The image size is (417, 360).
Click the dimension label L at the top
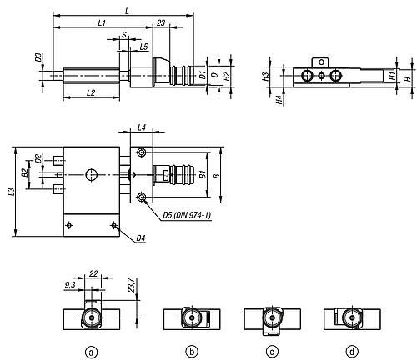point(127,11)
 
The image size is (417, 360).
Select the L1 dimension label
point(102,22)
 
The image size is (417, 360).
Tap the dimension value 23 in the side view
point(161,22)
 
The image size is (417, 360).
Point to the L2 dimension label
point(91,92)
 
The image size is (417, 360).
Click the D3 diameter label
point(38,57)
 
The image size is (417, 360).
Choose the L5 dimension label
point(143,47)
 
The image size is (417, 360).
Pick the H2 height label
point(227,76)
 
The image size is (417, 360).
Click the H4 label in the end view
point(279,100)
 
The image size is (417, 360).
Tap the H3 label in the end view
point(265,77)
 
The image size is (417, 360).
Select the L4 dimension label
point(142,127)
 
